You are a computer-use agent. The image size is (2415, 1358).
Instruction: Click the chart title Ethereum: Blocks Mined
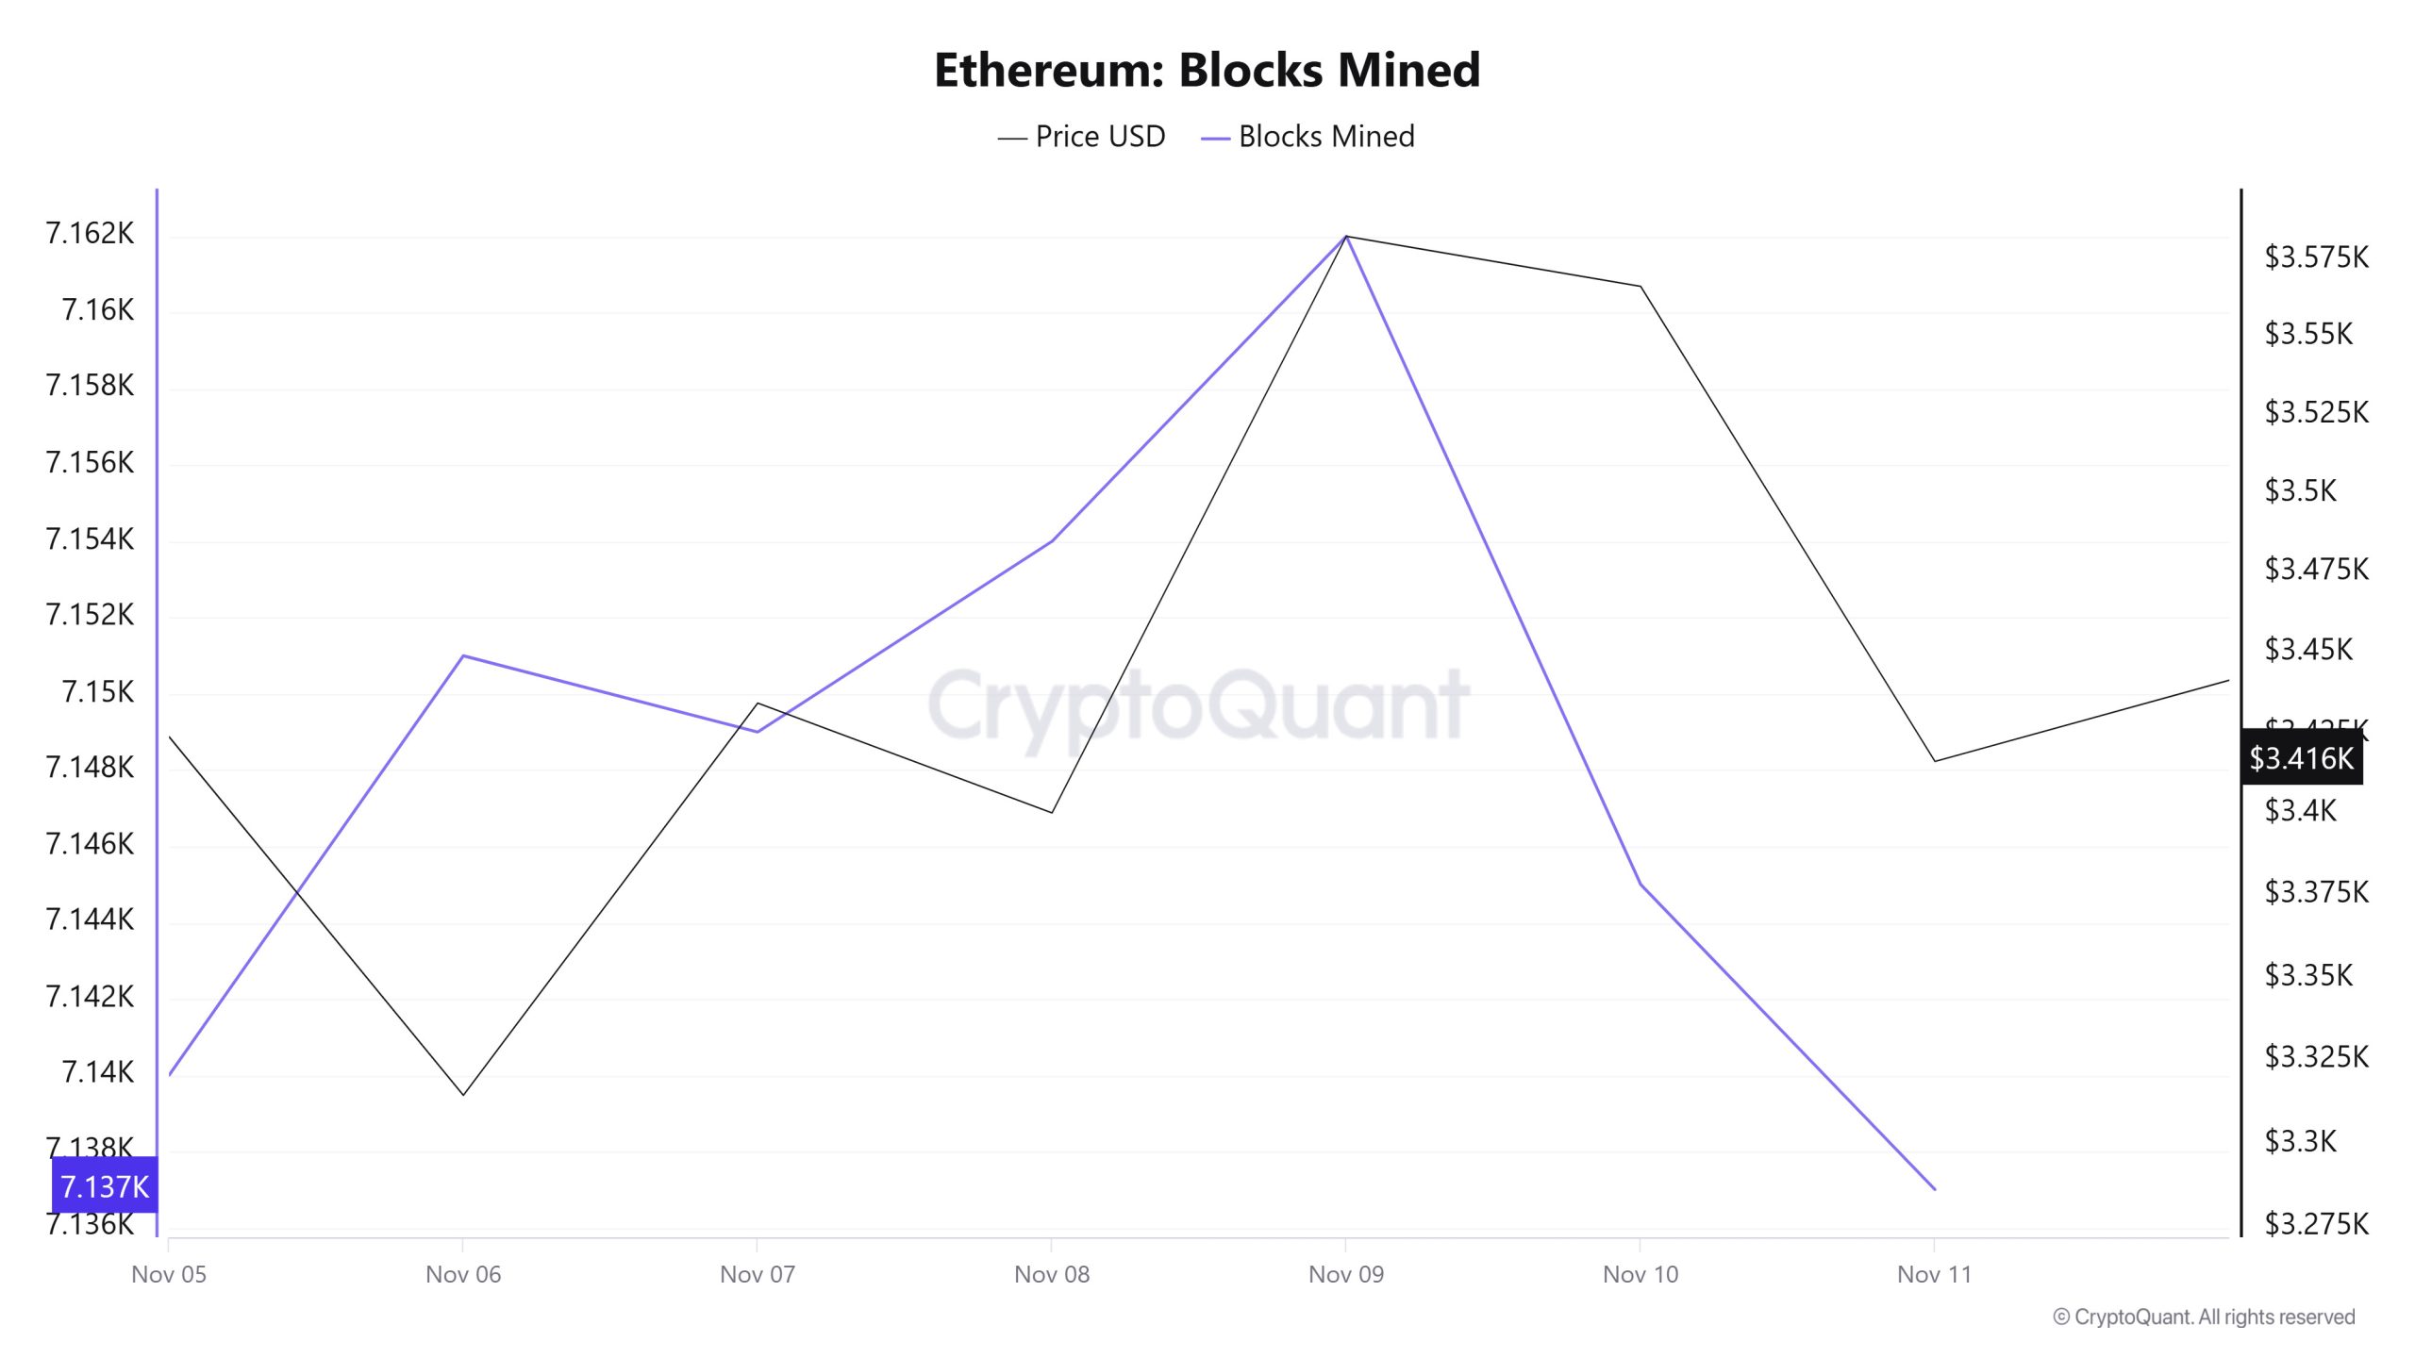click(x=1207, y=70)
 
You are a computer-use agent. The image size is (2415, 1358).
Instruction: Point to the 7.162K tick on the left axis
click(x=90, y=233)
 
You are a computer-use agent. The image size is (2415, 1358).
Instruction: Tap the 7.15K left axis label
click(x=97, y=691)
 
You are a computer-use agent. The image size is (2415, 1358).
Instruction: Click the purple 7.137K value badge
click(x=104, y=1185)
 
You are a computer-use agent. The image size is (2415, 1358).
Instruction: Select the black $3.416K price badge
click(x=2301, y=757)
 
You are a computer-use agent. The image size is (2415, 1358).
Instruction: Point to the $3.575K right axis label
click(x=2316, y=257)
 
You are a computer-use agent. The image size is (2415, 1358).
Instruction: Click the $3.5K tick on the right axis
click(x=2300, y=490)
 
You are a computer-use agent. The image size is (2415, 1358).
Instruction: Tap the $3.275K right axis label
click(x=2316, y=1223)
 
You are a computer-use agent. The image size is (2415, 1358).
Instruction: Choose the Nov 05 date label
click(x=169, y=1274)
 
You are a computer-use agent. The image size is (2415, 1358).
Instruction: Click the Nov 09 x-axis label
click(x=1346, y=1274)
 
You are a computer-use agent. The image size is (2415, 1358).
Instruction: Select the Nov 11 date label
click(x=1934, y=1274)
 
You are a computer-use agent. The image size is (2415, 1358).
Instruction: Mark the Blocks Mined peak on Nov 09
click(x=1346, y=236)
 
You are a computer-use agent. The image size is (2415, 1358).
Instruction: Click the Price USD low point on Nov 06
click(x=463, y=1094)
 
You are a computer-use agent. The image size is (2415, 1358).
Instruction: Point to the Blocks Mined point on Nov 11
click(x=1935, y=1189)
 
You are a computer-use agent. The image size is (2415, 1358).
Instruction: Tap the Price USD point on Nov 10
click(x=1641, y=286)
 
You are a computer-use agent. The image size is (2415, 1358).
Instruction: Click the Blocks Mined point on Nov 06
click(x=463, y=655)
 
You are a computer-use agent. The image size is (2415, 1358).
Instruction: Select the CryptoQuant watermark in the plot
click(x=1198, y=704)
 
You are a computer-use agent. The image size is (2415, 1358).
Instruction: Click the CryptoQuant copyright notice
click(x=2204, y=1317)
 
